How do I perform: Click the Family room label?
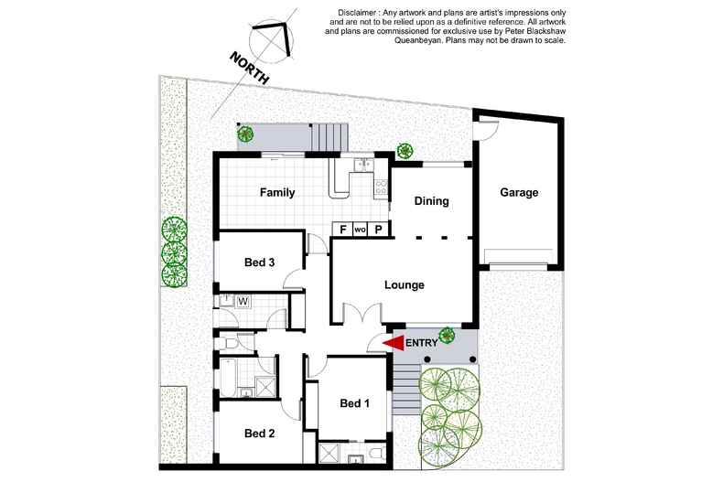(x=276, y=193)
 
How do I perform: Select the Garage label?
(x=518, y=193)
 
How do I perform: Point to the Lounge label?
(x=404, y=284)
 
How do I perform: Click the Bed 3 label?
(x=260, y=262)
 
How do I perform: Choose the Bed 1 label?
(x=354, y=403)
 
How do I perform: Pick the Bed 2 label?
(x=260, y=433)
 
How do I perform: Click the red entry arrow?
(x=394, y=342)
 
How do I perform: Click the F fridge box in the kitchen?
(x=342, y=229)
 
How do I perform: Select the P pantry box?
(x=377, y=229)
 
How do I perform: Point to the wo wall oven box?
(x=360, y=229)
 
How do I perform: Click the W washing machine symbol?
(x=243, y=300)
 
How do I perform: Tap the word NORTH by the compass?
(x=250, y=69)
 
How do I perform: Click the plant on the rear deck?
(x=245, y=134)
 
